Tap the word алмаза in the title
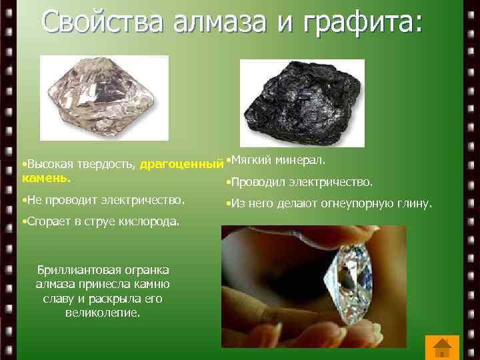coord(213,22)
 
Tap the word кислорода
coord(151,221)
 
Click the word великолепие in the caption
coord(103,311)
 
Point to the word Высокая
coord(47,164)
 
